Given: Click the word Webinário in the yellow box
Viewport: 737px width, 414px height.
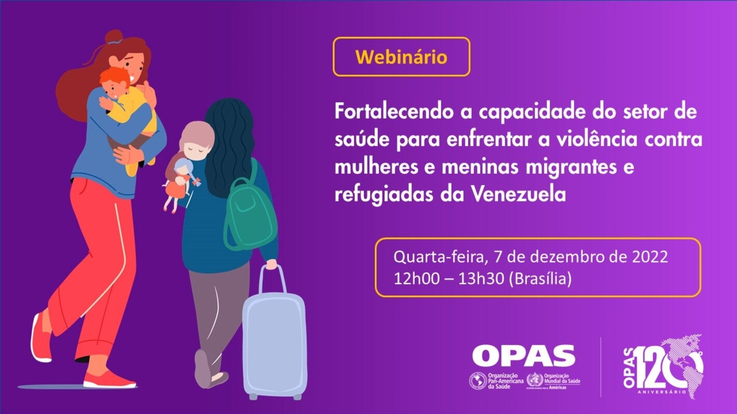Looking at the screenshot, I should (x=401, y=56).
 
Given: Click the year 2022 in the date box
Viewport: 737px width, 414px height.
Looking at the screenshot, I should (x=646, y=257).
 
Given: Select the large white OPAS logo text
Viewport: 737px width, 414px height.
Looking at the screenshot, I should (x=523, y=356).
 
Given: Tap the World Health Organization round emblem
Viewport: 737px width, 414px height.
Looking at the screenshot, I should (x=534, y=381).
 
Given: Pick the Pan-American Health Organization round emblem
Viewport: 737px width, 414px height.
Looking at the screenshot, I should (x=477, y=381).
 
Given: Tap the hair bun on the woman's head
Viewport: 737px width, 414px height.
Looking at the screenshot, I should (x=114, y=37).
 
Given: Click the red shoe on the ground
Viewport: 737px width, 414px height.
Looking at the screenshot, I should (x=109, y=380).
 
